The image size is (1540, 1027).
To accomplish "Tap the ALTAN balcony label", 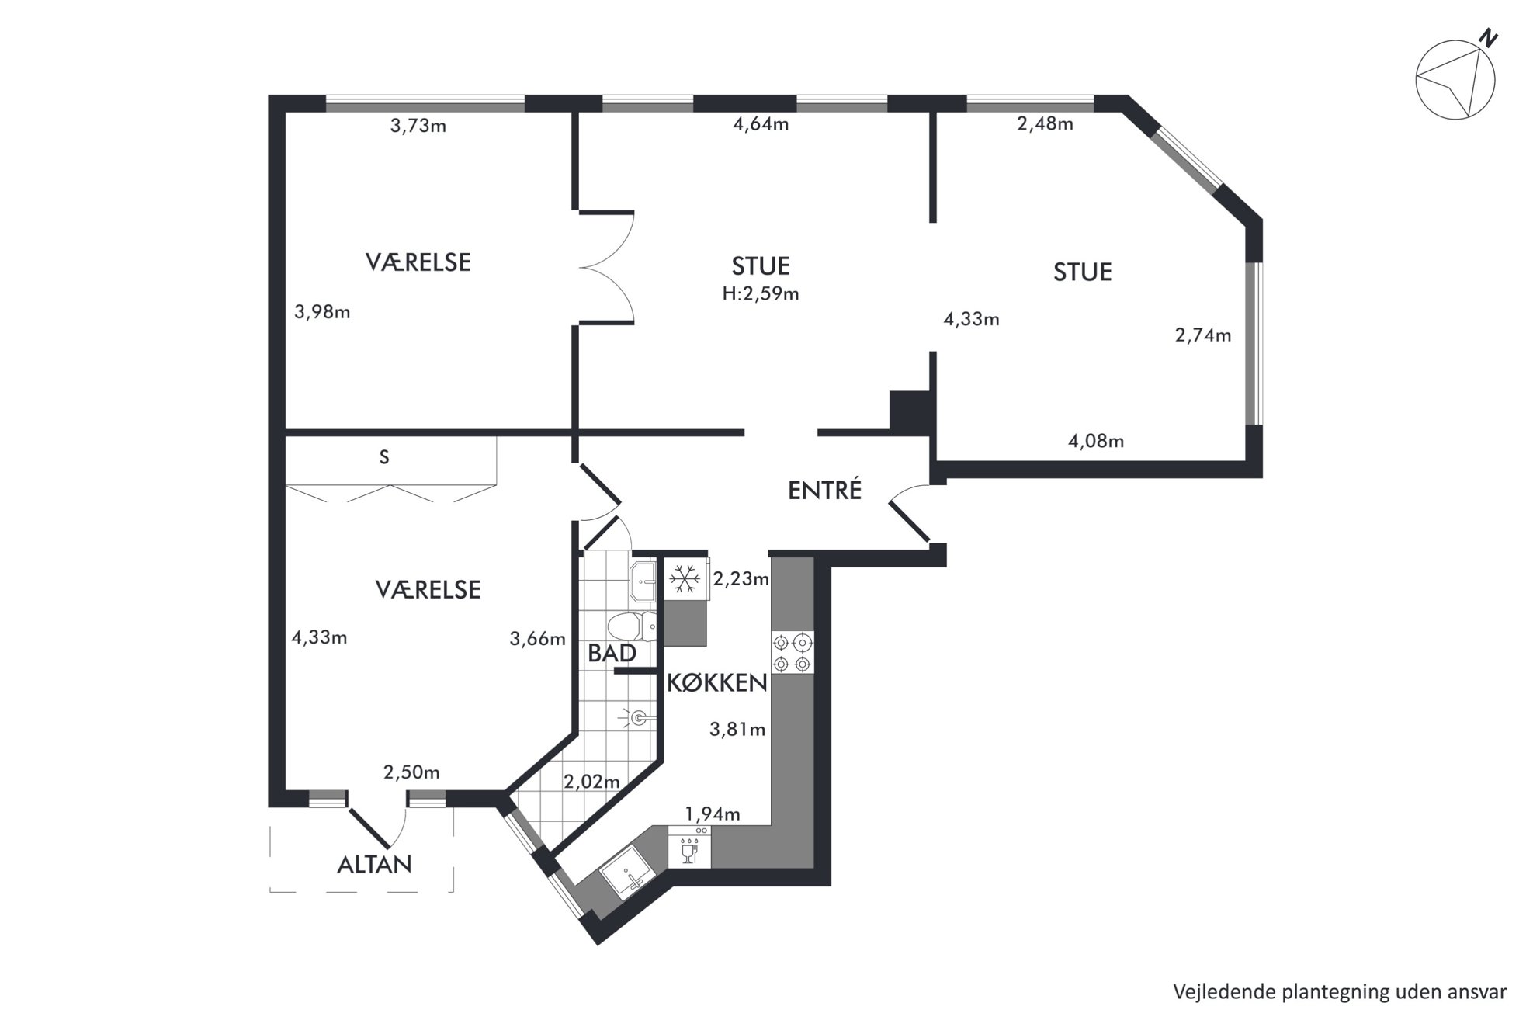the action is pyautogui.click(x=374, y=864).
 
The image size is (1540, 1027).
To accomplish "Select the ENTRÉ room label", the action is pyautogui.click(x=824, y=490).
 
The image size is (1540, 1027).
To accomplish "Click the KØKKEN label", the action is pyautogui.click(x=717, y=683).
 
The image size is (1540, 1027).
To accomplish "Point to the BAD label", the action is pyautogui.click(x=612, y=653).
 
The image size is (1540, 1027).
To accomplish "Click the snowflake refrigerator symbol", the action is pyautogui.click(x=684, y=579).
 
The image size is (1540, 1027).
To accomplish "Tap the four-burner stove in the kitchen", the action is pyautogui.click(x=793, y=653).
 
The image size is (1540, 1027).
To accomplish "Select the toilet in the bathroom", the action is pyautogui.click(x=633, y=626).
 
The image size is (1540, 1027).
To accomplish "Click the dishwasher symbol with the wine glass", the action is pyautogui.click(x=688, y=846).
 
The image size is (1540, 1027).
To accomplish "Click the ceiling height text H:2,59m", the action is pyautogui.click(x=761, y=293).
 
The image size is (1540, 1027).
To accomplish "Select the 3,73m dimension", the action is pyautogui.click(x=418, y=126).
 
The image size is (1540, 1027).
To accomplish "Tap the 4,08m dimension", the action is pyautogui.click(x=1096, y=441).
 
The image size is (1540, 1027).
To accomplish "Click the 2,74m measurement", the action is pyautogui.click(x=1203, y=335).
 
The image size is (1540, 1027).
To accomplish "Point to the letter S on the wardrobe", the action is pyautogui.click(x=384, y=457).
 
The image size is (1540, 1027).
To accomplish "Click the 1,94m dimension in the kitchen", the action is pyautogui.click(x=712, y=814).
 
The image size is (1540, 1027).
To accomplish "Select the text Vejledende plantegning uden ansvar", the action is pyautogui.click(x=1341, y=991).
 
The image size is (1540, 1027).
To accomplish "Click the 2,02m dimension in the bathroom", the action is pyautogui.click(x=591, y=782).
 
